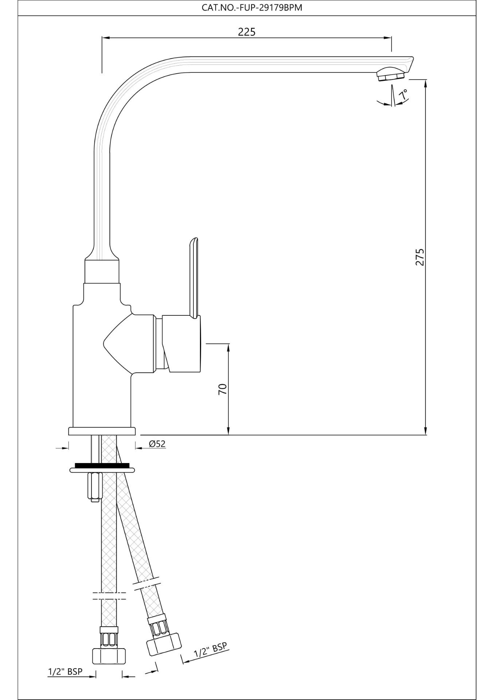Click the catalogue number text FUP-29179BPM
pyautogui.click(x=252, y=8)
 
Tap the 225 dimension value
pyautogui.click(x=247, y=32)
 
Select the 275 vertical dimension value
pyautogui.click(x=420, y=257)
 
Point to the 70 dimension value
pyautogui.click(x=223, y=389)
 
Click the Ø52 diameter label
pyautogui.click(x=157, y=444)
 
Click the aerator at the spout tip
pyautogui.click(x=391, y=76)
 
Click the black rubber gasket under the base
pyautogui.click(x=102, y=465)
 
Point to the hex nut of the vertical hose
pyautogui.click(x=109, y=656)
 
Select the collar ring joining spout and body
pyautogui.click(x=102, y=271)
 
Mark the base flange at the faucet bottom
pyautogui.click(x=102, y=431)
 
